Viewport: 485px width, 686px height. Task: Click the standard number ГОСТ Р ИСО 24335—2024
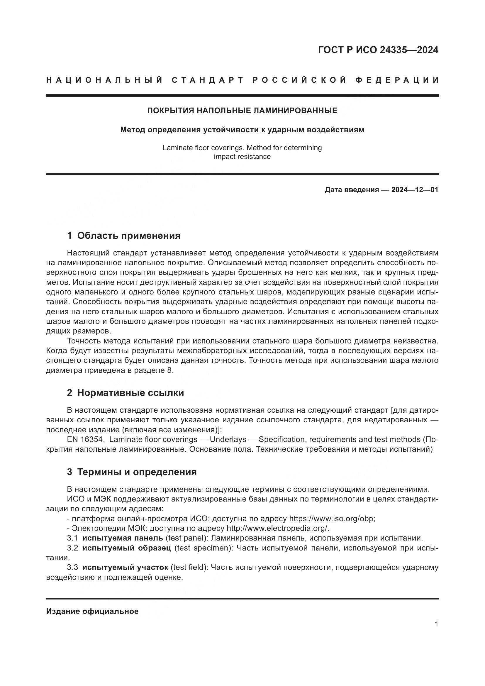(378, 50)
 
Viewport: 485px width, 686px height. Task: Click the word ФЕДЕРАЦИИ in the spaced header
(397, 80)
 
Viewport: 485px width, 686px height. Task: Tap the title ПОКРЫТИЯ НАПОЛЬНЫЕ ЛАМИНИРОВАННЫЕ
(242, 111)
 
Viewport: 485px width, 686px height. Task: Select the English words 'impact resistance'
(242, 157)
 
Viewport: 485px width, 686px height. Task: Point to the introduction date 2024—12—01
(415, 190)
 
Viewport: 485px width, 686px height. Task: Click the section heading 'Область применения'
(129, 236)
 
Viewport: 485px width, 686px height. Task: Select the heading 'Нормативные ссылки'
(130, 393)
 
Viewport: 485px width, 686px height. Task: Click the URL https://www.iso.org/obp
(332, 518)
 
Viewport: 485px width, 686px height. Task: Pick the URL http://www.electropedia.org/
(278, 528)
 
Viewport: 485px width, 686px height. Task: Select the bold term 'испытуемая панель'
(123, 538)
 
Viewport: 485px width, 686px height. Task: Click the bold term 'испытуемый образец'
(127, 548)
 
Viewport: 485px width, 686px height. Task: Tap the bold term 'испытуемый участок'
(126, 568)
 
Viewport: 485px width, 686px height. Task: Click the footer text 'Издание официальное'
(92, 611)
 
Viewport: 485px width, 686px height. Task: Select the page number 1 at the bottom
(437, 624)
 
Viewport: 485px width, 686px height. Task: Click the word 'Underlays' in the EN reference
(228, 440)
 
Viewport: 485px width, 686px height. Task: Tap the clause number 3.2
(72, 548)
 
